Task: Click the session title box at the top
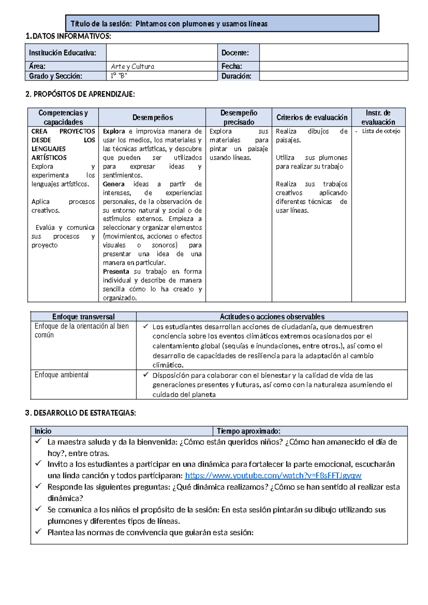tap(222, 24)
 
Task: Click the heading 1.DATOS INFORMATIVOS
tap(68, 36)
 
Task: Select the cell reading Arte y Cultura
tap(133, 66)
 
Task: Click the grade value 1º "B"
tap(119, 76)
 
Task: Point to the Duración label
tap(236, 76)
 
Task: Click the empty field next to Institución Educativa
tap(162, 53)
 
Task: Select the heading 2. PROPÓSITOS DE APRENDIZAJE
tap(80, 94)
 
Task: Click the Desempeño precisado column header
tap(239, 117)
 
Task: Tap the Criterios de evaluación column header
tap(312, 117)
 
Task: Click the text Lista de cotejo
tap(381, 131)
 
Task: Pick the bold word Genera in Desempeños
tap(114, 184)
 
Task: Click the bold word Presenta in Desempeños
tap(116, 271)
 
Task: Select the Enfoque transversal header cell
tap(83, 317)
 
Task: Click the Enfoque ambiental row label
tap(61, 375)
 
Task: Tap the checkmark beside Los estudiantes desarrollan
tap(146, 326)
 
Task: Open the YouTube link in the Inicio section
tap(273, 476)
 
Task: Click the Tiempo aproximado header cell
tap(249, 431)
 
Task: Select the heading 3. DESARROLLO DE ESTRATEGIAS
tap(81, 413)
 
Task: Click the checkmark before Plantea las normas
tap(38, 532)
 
